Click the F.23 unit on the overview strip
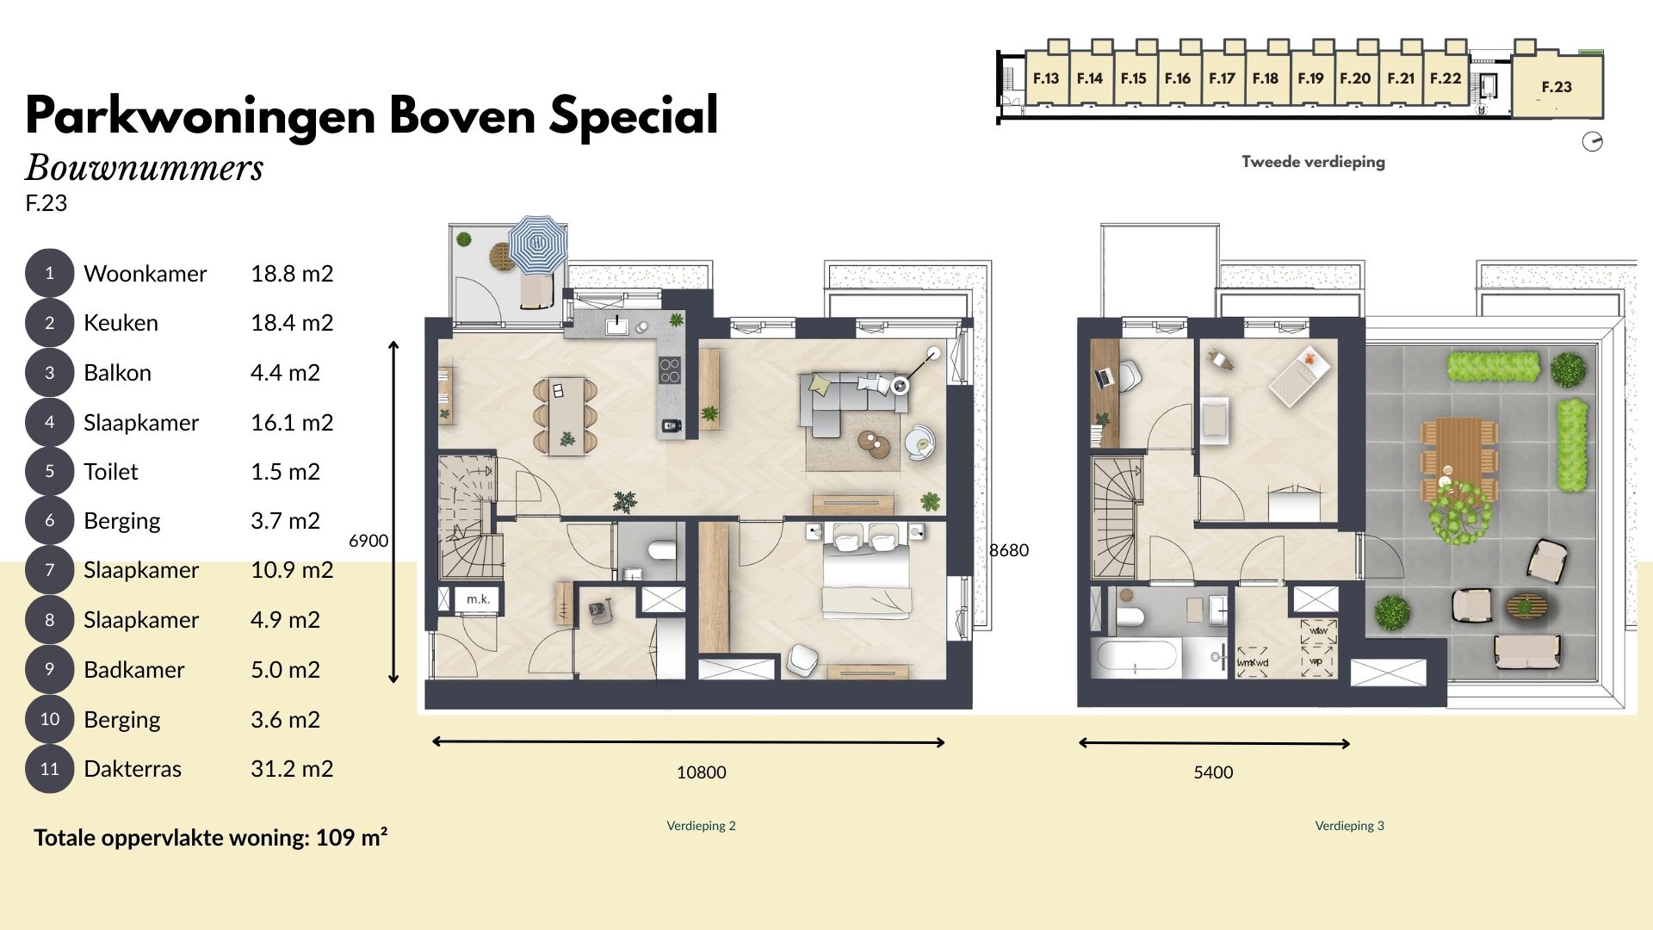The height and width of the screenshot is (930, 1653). pyautogui.click(x=1557, y=86)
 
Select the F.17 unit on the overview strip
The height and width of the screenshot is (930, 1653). pyautogui.click(x=1222, y=78)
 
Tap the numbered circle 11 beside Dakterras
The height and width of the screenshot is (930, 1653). pyautogui.click(x=50, y=769)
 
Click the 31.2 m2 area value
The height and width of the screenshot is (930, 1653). pyautogui.click(x=292, y=769)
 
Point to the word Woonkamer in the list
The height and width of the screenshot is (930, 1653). pyautogui.click(x=145, y=274)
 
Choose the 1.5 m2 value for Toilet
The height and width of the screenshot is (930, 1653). pyautogui.click(x=285, y=472)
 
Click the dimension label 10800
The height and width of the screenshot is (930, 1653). pyautogui.click(x=702, y=772)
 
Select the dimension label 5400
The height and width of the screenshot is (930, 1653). pyautogui.click(x=1213, y=772)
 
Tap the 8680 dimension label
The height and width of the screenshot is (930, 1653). pyautogui.click(x=1009, y=550)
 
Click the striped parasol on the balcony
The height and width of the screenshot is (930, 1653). pyautogui.click(x=538, y=245)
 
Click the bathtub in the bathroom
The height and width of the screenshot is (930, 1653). pyautogui.click(x=1136, y=659)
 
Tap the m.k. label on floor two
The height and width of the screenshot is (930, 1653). pyautogui.click(x=478, y=599)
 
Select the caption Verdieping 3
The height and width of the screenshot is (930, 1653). pyautogui.click(x=1350, y=826)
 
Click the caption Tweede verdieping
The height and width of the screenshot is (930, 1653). pyautogui.click(x=1314, y=162)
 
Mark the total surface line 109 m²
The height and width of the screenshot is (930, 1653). pyautogui.click(x=211, y=838)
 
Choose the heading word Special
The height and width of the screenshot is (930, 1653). pyautogui.click(x=634, y=115)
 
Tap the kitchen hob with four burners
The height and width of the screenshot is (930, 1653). pyautogui.click(x=671, y=370)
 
